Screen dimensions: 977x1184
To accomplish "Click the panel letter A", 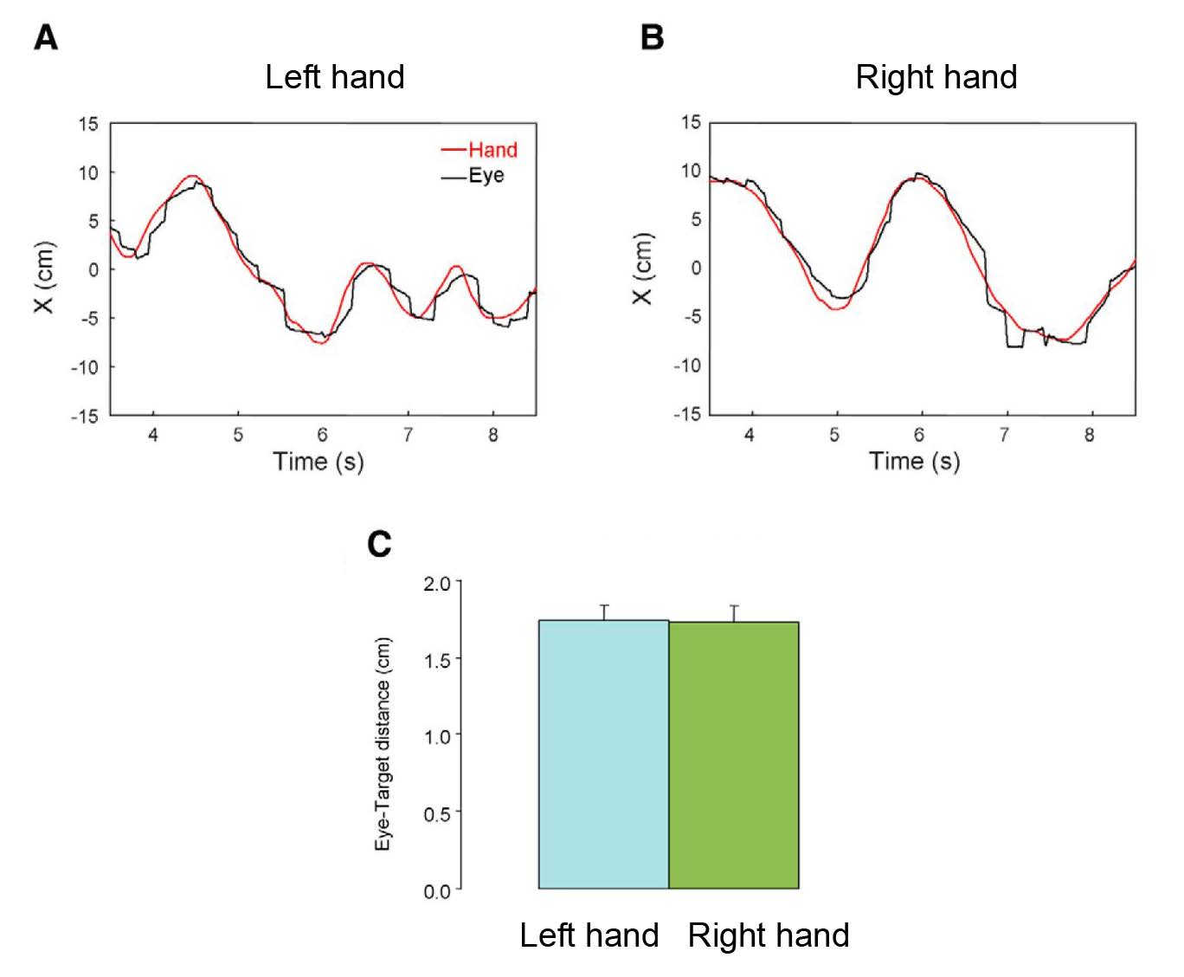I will click(x=46, y=38).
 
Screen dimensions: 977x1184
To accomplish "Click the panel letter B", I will click(x=652, y=38).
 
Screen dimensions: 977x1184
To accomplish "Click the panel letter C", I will click(x=379, y=544).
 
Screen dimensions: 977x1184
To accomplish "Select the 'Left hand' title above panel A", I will click(x=334, y=77).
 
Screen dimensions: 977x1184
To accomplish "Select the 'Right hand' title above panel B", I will click(x=936, y=77).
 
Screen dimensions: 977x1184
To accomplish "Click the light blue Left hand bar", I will click(x=603, y=754).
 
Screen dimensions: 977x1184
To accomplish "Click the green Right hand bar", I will click(x=733, y=754).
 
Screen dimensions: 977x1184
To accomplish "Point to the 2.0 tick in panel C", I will click(x=437, y=583).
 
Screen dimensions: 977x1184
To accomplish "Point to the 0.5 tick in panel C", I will click(x=437, y=813).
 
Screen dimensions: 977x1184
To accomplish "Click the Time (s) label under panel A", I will click(x=319, y=462).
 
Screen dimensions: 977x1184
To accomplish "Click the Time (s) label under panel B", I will click(x=915, y=461).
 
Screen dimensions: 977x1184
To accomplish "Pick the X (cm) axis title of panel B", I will click(x=643, y=269).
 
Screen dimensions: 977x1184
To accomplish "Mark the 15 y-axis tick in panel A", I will click(x=89, y=124).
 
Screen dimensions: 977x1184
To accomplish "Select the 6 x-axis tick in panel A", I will click(x=323, y=435).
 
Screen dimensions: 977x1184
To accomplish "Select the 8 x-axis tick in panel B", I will click(x=1089, y=434).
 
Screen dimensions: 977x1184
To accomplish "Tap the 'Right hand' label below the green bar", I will click(x=769, y=936).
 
